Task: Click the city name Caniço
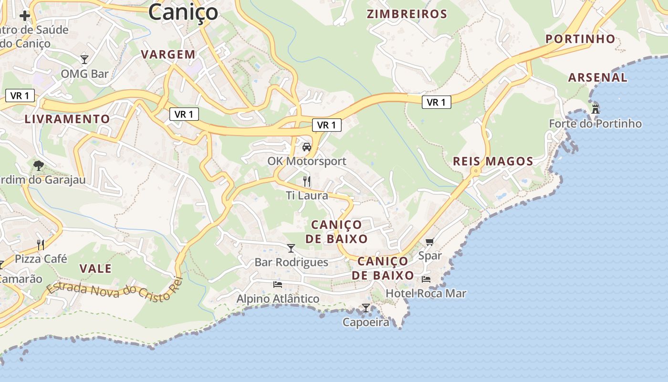click(183, 12)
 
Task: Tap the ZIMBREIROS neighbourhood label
click(407, 14)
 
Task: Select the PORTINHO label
click(580, 39)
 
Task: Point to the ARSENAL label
click(598, 77)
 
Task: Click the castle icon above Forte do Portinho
click(595, 109)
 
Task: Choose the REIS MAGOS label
click(493, 161)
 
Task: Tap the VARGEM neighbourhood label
click(168, 54)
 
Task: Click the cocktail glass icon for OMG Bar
click(84, 59)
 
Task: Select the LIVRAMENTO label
click(67, 119)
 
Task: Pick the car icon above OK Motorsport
click(307, 147)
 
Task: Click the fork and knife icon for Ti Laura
click(307, 181)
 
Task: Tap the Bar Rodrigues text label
click(291, 262)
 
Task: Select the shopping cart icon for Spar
click(429, 242)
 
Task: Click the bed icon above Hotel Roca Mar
click(426, 279)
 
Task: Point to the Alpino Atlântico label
click(278, 298)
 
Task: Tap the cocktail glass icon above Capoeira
click(366, 308)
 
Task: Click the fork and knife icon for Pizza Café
click(41, 245)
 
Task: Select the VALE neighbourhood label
click(95, 268)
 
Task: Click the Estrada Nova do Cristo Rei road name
click(115, 291)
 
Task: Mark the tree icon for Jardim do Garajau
click(39, 166)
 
